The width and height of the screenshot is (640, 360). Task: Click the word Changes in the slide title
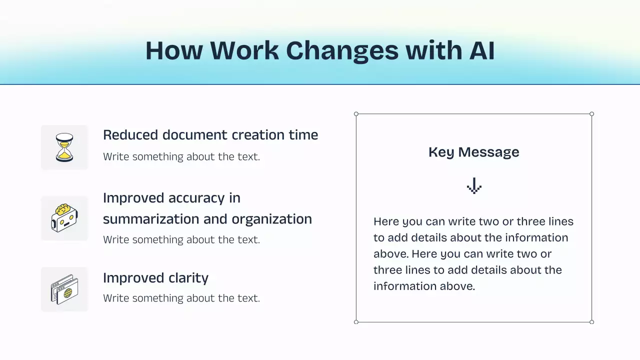(342, 50)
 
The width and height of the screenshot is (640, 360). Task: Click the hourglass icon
(64, 147)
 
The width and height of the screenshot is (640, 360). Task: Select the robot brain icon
(64, 218)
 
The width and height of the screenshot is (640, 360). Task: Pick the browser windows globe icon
(64, 289)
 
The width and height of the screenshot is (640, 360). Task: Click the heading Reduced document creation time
(210, 135)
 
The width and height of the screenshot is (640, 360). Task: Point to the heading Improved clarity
(155, 278)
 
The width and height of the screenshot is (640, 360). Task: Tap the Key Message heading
(473, 152)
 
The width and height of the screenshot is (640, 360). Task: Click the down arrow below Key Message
(473, 186)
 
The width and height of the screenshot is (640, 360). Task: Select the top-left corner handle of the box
(356, 114)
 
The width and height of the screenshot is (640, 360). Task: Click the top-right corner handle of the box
(592, 114)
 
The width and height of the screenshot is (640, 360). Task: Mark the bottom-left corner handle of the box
(356, 322)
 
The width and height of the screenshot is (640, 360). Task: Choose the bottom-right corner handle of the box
(592, 322)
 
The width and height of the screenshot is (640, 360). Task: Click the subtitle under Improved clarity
(181, 298)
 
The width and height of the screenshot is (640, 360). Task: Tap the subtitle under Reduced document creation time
(181, 156)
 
